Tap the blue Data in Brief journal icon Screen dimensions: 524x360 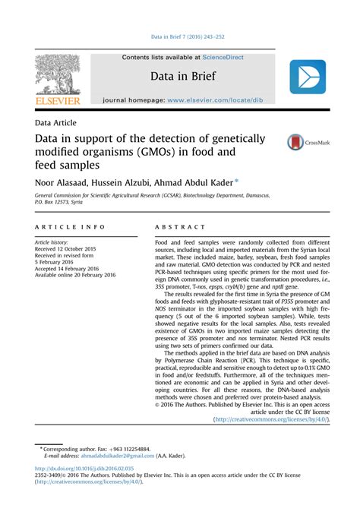point(307,77)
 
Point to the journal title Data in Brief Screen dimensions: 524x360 point(182,76)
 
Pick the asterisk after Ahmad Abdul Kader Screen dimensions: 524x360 point(257,181)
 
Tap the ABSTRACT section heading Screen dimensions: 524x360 point(181,227)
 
